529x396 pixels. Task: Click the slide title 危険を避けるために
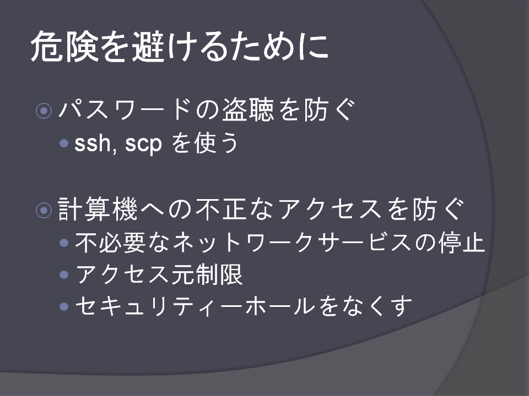(180, 46)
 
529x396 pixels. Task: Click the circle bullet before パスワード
(44, 111)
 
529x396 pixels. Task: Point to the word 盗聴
(247, 110)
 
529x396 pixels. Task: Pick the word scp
(144, 144)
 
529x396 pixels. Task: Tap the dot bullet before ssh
(64, 144)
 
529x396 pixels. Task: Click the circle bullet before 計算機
(44, 210)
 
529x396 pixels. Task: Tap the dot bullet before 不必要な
(64, 243)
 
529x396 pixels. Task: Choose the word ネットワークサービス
(292, 243)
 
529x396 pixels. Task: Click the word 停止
(462, 242)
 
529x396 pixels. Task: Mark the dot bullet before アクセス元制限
(64, 274)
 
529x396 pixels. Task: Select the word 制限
(219, 274)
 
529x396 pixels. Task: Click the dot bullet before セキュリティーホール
(64, 306)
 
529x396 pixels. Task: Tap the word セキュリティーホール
(195, 306)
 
